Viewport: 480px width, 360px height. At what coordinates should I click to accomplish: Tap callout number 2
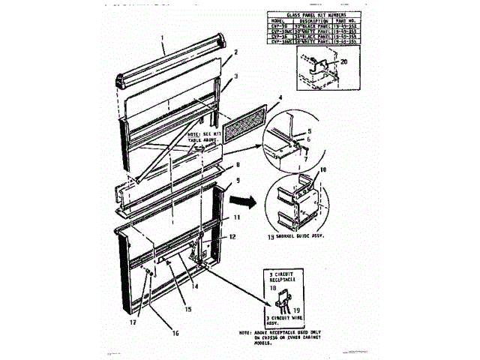click(x=235, y=52)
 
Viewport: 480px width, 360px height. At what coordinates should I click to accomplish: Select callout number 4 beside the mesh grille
click(x=280, y=97)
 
